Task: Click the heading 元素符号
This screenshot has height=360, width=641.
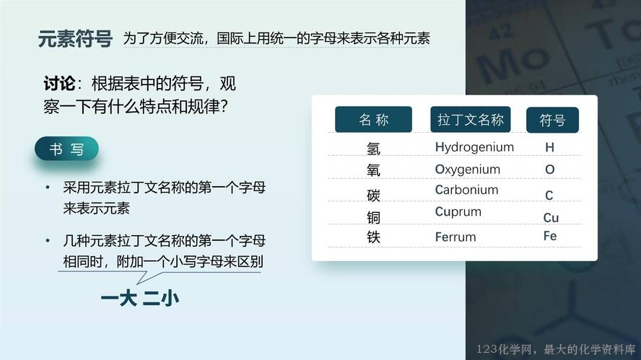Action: (75, 39)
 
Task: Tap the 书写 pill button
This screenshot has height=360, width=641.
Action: (66, 149)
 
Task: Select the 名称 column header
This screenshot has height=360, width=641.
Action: (373, 119)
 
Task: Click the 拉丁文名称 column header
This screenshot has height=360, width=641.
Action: (471, 119)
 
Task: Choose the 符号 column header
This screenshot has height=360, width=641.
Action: (552, 120)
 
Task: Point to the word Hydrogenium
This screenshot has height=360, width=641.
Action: (474, 147)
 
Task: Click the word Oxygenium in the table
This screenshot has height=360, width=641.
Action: (467, 169)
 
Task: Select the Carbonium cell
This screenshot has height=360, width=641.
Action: (466, 190)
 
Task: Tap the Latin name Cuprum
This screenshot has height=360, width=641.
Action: (458, 211)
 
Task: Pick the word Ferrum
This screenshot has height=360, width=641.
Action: (455, 237)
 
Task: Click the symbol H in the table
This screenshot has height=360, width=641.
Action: (550, 147)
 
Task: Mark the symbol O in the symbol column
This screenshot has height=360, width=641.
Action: (550, 169)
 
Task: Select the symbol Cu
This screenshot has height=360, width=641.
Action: (551, 217)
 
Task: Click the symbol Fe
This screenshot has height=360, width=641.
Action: (550, 236)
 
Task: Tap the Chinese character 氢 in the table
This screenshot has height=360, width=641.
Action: (373, 149)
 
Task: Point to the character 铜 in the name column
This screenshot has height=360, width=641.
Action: (373, 217)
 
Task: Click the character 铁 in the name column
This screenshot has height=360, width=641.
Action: (373, 237)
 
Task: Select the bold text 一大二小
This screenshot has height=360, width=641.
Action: (140, 299)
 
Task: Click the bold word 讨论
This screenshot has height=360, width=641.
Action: (59, 84)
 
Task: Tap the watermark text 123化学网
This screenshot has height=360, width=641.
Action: (505, 349)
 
